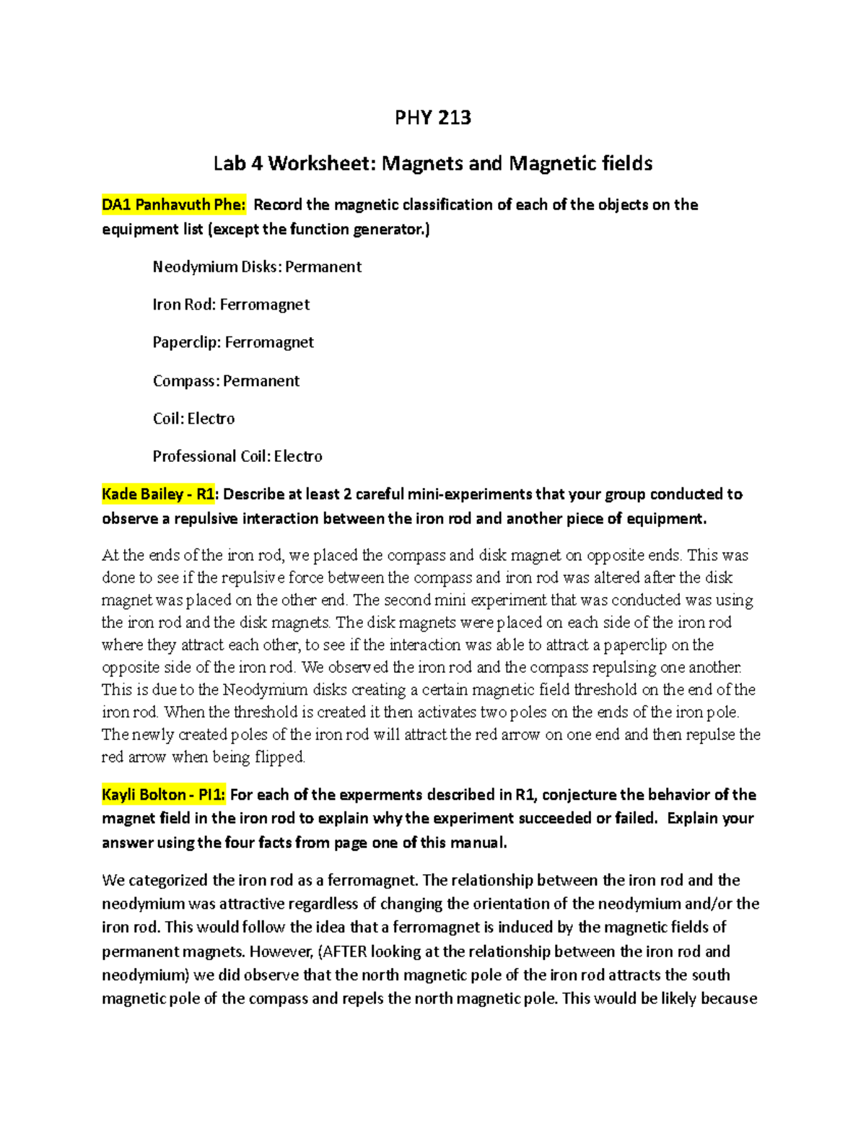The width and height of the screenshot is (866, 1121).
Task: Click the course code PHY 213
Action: pos(432,118)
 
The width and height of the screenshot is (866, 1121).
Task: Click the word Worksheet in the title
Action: pos(322,164)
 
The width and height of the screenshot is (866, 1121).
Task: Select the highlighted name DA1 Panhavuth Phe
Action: pos(173,205)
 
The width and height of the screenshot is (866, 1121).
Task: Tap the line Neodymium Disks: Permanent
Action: pos(257,267)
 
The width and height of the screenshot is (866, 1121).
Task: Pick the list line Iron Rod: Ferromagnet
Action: pos(231,305)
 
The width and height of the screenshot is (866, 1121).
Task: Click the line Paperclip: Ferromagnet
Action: pos(233,342)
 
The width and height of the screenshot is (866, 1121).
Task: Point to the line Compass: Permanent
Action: pos(226,381)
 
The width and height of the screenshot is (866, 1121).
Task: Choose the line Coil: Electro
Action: pos(193,419)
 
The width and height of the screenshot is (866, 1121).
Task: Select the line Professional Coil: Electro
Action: pos(237,456)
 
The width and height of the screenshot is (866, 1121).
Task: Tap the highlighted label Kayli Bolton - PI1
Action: pos(163,795)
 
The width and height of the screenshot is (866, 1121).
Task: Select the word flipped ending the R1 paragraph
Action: pos(280,757)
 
